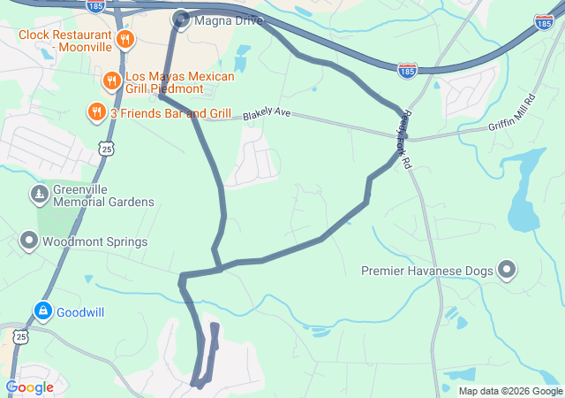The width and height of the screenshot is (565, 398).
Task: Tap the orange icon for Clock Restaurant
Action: point(125,39)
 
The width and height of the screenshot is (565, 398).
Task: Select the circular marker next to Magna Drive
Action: point(182,19)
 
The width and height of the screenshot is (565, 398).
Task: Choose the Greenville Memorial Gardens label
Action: point(103,195)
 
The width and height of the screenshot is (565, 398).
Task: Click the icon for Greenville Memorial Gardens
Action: point(39,194)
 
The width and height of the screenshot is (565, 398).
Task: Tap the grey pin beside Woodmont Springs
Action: point(29,241)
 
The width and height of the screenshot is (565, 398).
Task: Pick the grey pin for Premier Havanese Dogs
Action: point(507,270)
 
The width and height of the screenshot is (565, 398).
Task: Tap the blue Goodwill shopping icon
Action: point(42,311)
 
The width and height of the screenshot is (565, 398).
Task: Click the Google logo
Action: point(29,387)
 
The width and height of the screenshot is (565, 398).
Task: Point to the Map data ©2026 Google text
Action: point(510,391)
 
